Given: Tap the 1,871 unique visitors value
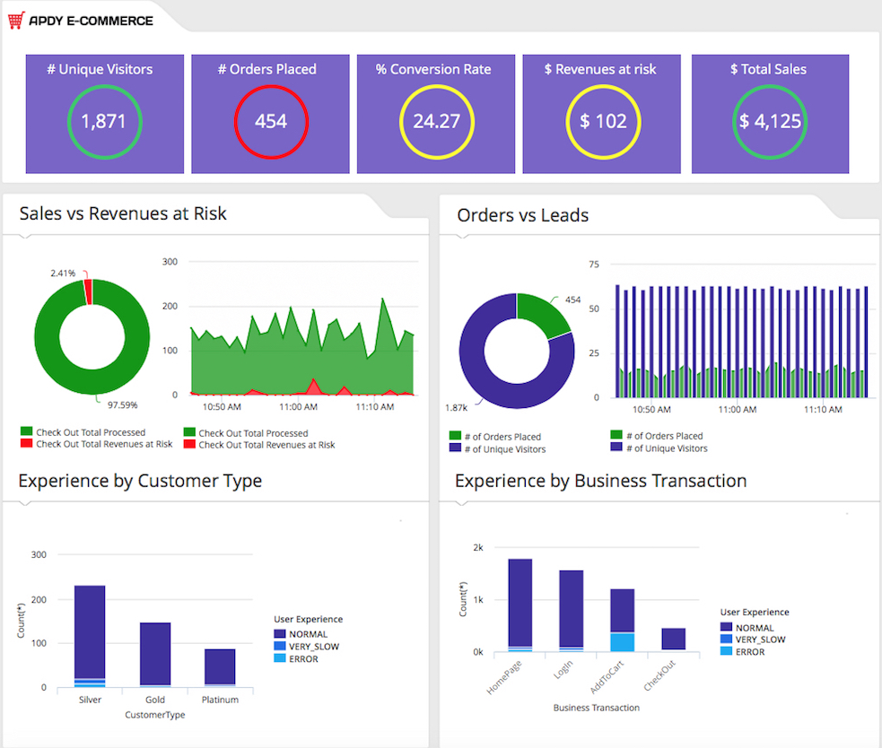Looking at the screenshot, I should [104, 121].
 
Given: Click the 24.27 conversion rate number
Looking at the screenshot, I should [436, 121].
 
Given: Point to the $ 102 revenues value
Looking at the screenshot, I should [603, 121].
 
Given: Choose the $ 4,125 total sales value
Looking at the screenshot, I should [770, 121].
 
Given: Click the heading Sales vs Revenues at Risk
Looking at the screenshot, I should [123, 213].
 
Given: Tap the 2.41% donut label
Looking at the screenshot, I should [63, 273].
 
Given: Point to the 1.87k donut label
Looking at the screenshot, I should [458, 408].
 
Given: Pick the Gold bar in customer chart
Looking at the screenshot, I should [155, 653].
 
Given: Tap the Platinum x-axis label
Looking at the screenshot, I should [220, 700].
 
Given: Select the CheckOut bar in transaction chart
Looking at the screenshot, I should [673, 639].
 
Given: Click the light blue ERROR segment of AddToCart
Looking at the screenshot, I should [622, 641].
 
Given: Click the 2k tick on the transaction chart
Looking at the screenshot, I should [478, 547].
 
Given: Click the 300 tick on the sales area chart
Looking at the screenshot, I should [170, 262].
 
